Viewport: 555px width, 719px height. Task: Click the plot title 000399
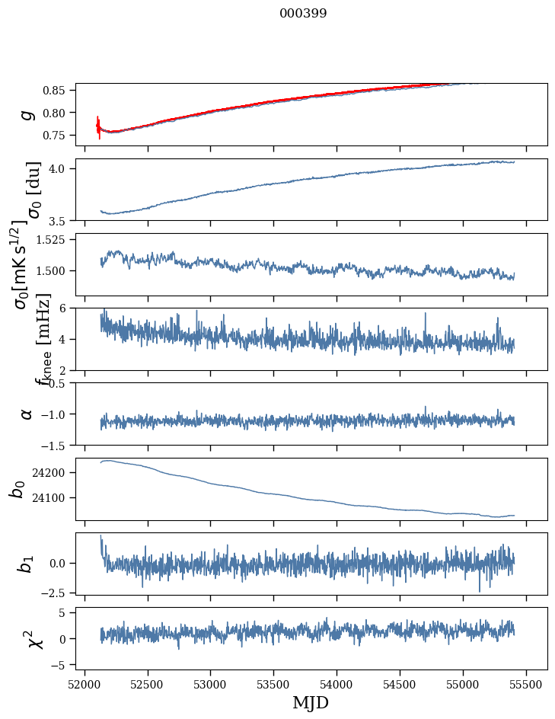pyautogui.click(x=303, y=14)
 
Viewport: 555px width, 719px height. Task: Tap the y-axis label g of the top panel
pyautogui.click(x=27, y=114)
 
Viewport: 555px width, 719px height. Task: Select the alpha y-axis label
pyautogui.click(x=27, y=414)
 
